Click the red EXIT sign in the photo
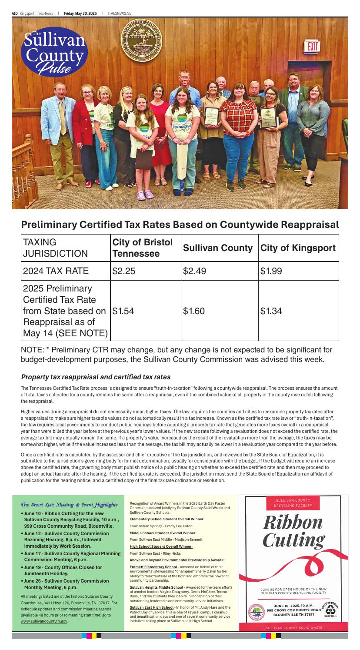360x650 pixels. (x=311, y=46)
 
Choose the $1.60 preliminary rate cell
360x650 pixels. (x=192, y=311)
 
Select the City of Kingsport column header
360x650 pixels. (x=298, y=248)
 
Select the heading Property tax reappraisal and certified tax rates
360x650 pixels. (x=96, y=376)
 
